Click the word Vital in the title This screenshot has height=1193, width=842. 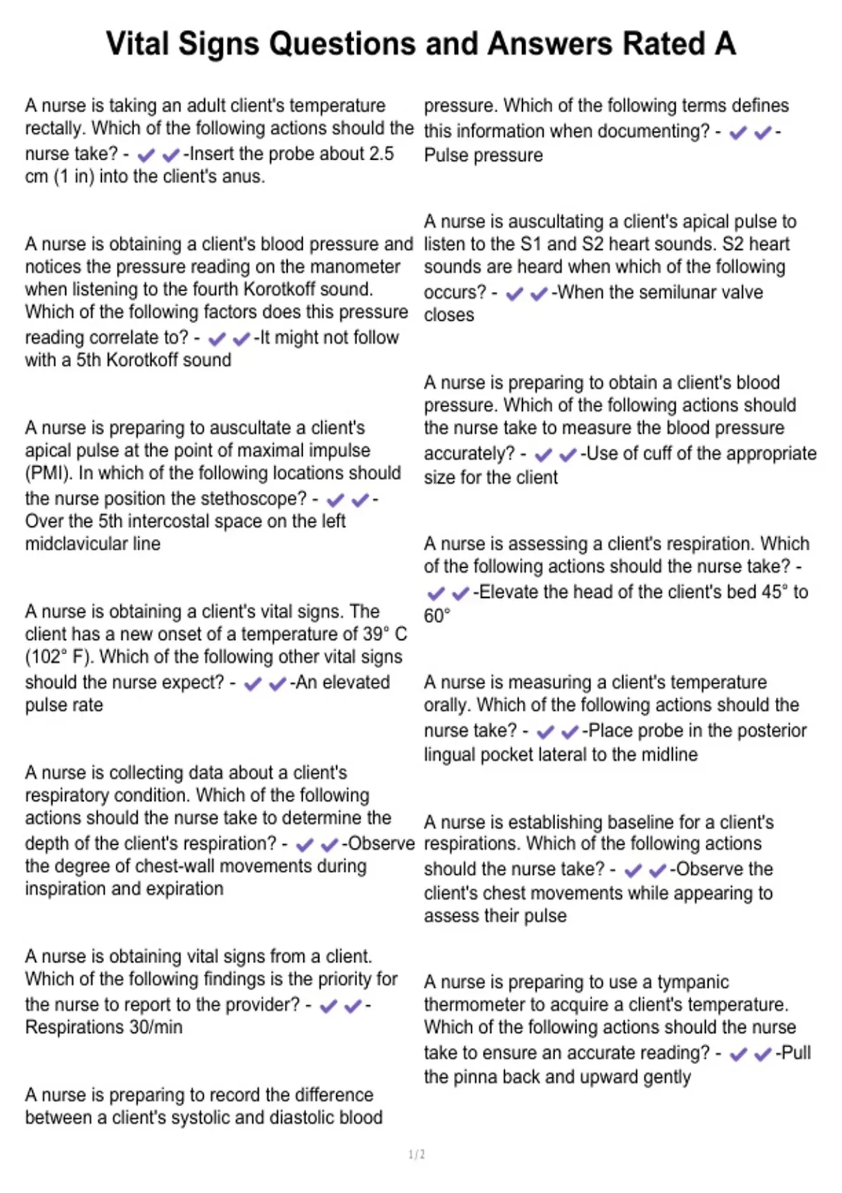pyautogui.click(x=138, y=44)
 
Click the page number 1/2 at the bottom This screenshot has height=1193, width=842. pyautogui.click(x=417, y=1154)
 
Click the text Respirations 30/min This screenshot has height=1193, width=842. pyautogui.click(x=104, y=1027)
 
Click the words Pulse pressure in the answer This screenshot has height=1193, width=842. pyautogui.click(x=483, y=155)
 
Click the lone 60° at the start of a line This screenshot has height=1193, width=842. pyautogui.click(x=436, y=616)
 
